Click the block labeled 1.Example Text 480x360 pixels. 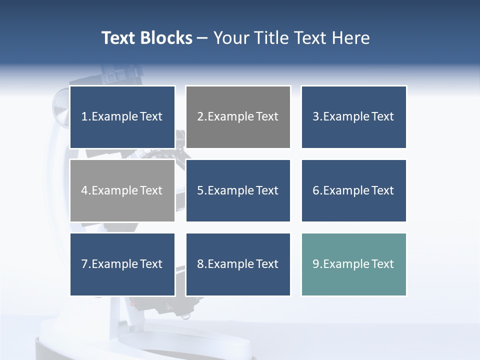(122, 117)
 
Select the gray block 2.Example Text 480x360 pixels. (238, 117)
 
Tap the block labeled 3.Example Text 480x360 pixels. (353, 117)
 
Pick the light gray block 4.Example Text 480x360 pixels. (122, 190)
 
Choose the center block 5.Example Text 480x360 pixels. (238, 190)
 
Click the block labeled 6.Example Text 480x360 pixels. (353, 190)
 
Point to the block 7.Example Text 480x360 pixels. (122, 264)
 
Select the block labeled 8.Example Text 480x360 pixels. (238, 264)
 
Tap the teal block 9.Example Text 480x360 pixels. (353, 264)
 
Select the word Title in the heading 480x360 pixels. (272, 38)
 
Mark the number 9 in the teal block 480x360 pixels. (316, 264)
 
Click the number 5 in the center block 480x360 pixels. (200, 190)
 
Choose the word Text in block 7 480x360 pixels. (151, 264)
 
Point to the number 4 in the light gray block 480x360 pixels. (84, 190)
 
